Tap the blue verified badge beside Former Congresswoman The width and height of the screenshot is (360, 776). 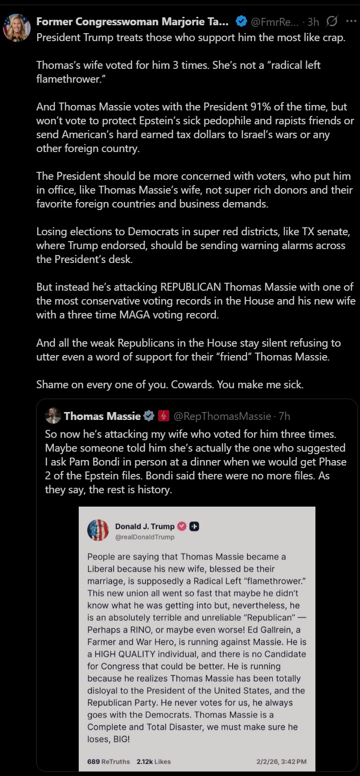pyautogui.click(x=241, y=21)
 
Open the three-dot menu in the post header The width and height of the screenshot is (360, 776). pyautogui.click(x=351, y=21)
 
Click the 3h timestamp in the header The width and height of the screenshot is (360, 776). pyautogui.click(x=313, y=22)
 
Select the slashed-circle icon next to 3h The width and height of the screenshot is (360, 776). pyautogui.click(x=332, y=21)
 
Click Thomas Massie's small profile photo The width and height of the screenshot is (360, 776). pyautogui.click(x=53, y=416)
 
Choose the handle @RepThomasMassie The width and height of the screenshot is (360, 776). pyautogui.click(x=222, y=416)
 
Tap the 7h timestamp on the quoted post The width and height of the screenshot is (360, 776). pyautogui.click(x=284, y=416)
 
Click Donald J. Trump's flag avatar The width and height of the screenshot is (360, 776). pyautogui.click(x=98, y=530)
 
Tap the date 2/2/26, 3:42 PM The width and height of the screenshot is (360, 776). pyautogui.click(x=281, y=761)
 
